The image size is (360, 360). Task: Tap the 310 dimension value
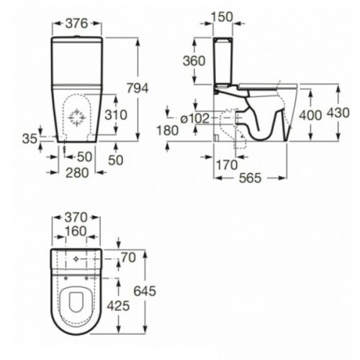point(114,114)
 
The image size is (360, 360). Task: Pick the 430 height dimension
point(348,114)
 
